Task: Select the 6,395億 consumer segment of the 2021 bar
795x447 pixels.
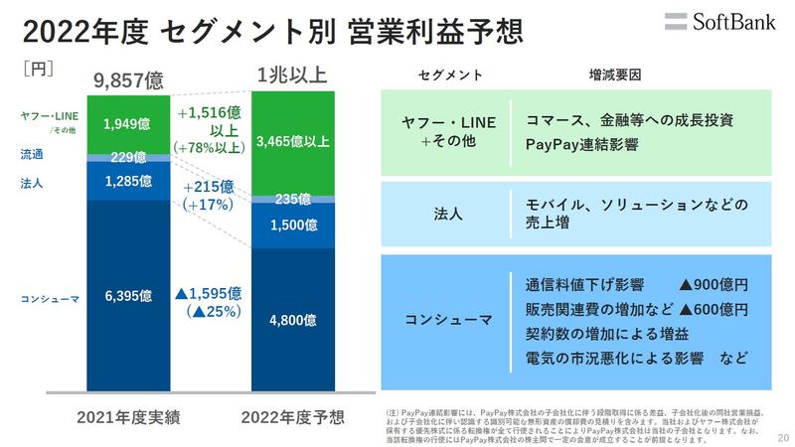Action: click(x=126, y=297)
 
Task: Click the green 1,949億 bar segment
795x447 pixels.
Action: click(x=126, y=124)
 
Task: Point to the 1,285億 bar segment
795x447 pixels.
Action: click(x=126, y=181)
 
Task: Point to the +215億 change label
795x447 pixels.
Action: click(x=209, y=186)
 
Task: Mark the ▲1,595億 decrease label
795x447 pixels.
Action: click(x=209, y=293)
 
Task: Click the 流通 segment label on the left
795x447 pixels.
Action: click(x=32, y=155)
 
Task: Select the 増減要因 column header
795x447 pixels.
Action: click(x=616, y=74)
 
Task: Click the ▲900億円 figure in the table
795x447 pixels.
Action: click(x=713, y=285)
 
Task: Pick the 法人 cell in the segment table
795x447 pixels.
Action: click(x=444, y=215)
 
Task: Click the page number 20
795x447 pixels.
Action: click(x=781, y=434)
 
